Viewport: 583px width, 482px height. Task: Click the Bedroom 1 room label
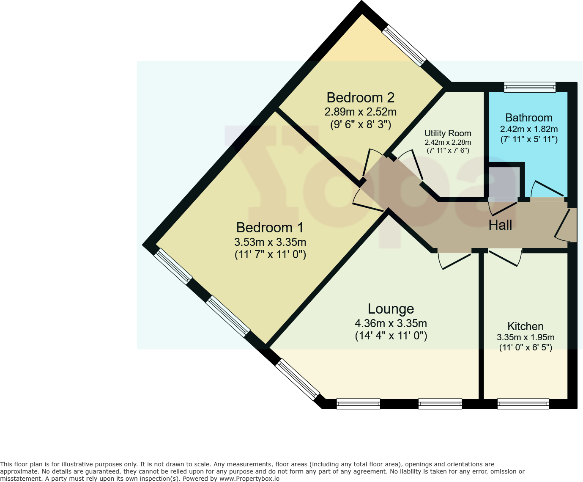(x=270, y=228)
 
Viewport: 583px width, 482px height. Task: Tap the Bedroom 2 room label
(x=360, y=98)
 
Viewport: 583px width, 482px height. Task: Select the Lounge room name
(x=391, y=309)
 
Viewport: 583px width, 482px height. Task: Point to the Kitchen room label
(x=525, y=326)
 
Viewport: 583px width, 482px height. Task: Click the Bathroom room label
(x=528, y=118)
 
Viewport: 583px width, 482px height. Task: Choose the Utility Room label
(x=448, y=133)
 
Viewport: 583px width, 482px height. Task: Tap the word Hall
(x=500, y=225)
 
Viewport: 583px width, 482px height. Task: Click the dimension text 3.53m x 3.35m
(x=270, y=242)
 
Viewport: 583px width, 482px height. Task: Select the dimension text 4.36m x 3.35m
(x=391, y=323)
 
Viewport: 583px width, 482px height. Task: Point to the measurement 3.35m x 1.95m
(x=525, y=337)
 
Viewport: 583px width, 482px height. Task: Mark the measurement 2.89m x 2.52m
(x=360, y=112)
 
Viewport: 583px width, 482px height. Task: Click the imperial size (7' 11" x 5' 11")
(x=528, y=139)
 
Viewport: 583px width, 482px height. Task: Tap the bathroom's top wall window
(x=530, y=87)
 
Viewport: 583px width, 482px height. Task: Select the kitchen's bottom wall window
(x=523, y=404)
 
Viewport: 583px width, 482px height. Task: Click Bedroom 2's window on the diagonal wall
(x=404, y=46)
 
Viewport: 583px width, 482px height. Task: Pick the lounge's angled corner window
(x=297, y=380)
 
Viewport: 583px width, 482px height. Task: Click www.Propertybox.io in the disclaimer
(x=249, y=479)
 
